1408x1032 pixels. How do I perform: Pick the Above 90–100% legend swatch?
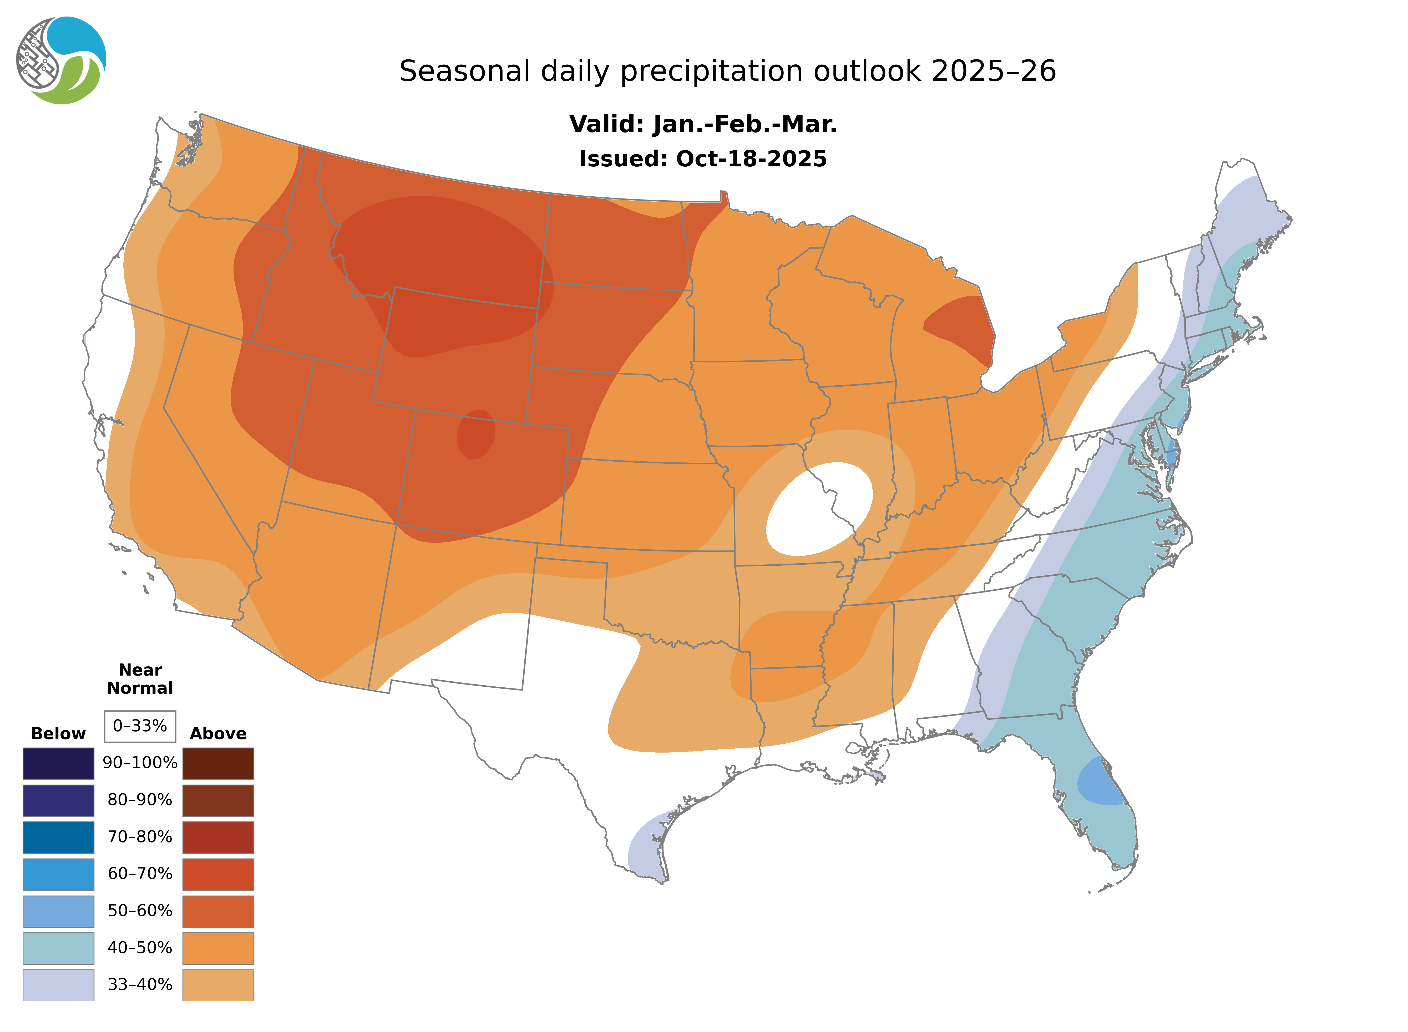pyautogui.click(x=218, y=763)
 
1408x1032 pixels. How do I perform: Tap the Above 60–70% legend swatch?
pyautogui.click(x=218, y=874)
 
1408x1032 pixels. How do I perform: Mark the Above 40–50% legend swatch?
pyautogui.click(x=218, y=948)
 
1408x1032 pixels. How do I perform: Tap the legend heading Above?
pyautogui.click(x=218, y=733)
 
